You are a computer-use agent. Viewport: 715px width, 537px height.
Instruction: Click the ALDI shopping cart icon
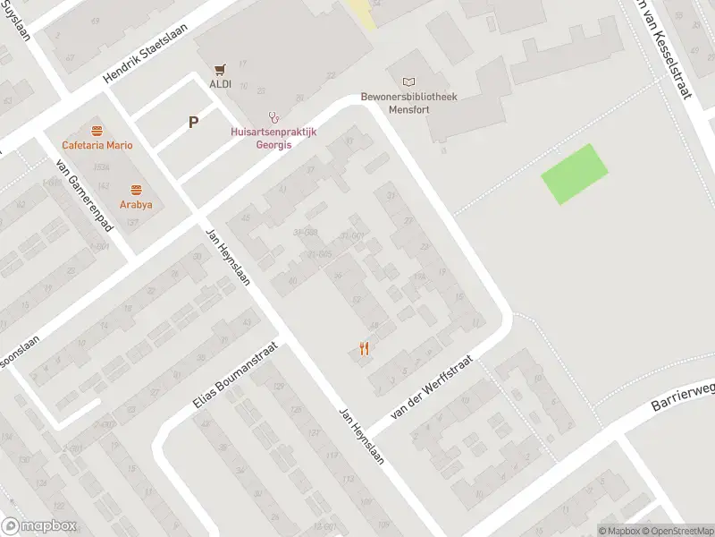pyautogui.click(x=220, y=68)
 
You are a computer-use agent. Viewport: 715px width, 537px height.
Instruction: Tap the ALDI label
pyautogui.click(x=220, y=84)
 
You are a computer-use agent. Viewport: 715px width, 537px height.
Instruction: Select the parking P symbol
pyautogui.click(x=193, y=124)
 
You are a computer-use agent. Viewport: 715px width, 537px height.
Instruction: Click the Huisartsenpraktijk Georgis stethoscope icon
pyautogui.click(x=275, y=116)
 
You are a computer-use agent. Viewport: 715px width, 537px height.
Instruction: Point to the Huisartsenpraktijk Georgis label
pyautogui.click(x=274, y=137)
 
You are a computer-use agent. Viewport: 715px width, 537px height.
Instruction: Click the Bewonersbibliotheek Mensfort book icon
pyautogui.click(x=409, y=81)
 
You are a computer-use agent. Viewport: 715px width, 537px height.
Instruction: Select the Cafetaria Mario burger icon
pyautogui.click(x=97, y=131)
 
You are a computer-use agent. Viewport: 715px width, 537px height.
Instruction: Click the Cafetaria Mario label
pyautogui.click(x=97, y=146)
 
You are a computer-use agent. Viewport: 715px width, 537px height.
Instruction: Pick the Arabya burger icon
pyautogui.click(x=136, y=190)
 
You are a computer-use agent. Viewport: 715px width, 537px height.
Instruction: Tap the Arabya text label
pyautogui.click(x=136, y=204)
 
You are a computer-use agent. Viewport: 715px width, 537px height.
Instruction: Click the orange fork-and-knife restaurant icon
pyautogui.click(x=364, y=349)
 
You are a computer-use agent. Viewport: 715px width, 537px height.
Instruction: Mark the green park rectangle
pyautogui.click(x=575, y=174)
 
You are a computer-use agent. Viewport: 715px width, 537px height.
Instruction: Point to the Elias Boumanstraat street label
pyautogui.click(x=235, y=378)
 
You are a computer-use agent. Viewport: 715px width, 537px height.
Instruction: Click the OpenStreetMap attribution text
pyautogui.click(x=677, y=531)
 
